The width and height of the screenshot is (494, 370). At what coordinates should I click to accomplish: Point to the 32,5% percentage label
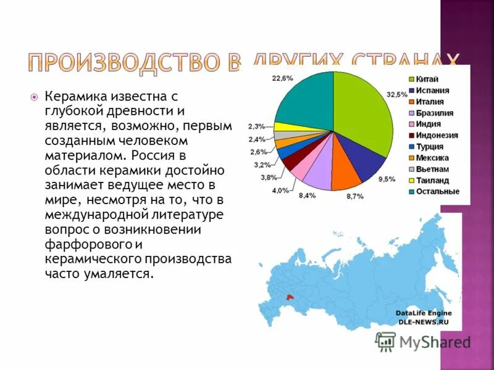(x=396, y=94)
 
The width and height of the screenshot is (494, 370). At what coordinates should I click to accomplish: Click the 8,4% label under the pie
(x=307, y=195)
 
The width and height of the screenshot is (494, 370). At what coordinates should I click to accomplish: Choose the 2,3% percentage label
(x=257, y=126)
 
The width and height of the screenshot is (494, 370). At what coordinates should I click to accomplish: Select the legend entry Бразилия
(x=435, y=113)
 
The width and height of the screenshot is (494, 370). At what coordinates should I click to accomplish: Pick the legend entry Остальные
(x=438, y=192)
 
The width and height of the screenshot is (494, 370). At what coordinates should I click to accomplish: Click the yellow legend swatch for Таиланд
(x=411, y=181)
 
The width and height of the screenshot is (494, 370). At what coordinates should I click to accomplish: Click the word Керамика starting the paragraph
(x=75, y=97)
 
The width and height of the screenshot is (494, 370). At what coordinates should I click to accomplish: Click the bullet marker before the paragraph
(x=35, y=97)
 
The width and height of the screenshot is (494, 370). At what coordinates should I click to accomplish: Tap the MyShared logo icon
(x=386, y=342)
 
